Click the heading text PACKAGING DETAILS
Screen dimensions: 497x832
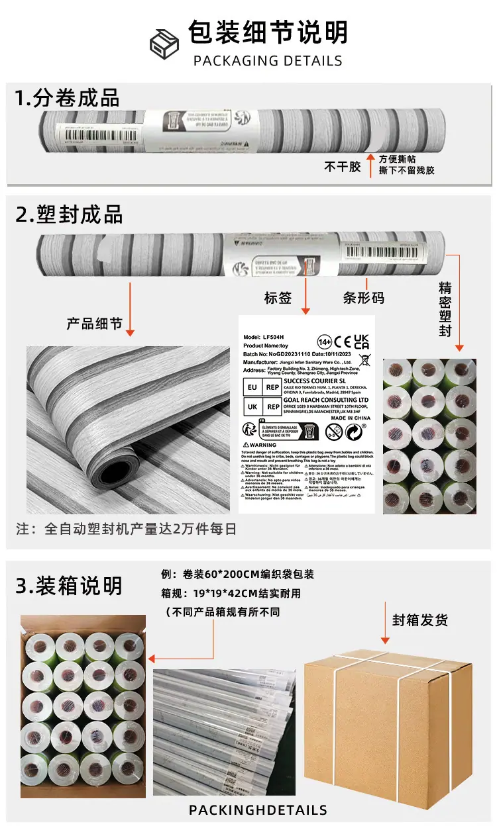point(268,61)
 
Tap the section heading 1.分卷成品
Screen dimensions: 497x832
point(67,97)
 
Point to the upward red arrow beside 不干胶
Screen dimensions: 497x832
point(371,164)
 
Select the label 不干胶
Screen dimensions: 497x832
point(342,167)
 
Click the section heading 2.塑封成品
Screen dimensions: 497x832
point(69,214)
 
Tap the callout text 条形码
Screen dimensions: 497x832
point(363,298)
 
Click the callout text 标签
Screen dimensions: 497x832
point(278,298)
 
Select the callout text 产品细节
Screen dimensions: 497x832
point(94,324)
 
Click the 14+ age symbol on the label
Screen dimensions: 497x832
point(324,342)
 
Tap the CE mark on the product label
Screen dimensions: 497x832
point(343,342)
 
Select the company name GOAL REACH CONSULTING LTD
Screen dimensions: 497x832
point(325,400)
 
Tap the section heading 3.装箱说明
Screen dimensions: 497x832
point(69,586)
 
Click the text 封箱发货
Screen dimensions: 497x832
point(420,620)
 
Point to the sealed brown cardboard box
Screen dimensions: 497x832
point(387,725)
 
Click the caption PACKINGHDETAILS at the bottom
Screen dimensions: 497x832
point(258,810)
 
